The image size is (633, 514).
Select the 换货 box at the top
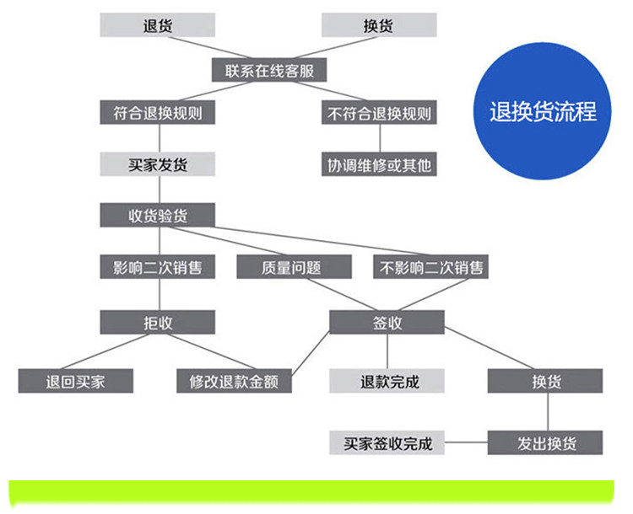379,25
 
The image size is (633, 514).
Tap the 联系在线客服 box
268,70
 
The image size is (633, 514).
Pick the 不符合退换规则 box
379,113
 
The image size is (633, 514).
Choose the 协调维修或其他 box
379,163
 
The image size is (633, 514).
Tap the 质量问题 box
291,267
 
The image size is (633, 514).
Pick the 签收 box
387,322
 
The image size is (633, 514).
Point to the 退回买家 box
76,381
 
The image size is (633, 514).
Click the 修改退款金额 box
234,381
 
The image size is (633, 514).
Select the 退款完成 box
387,381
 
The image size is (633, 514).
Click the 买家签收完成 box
387,442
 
